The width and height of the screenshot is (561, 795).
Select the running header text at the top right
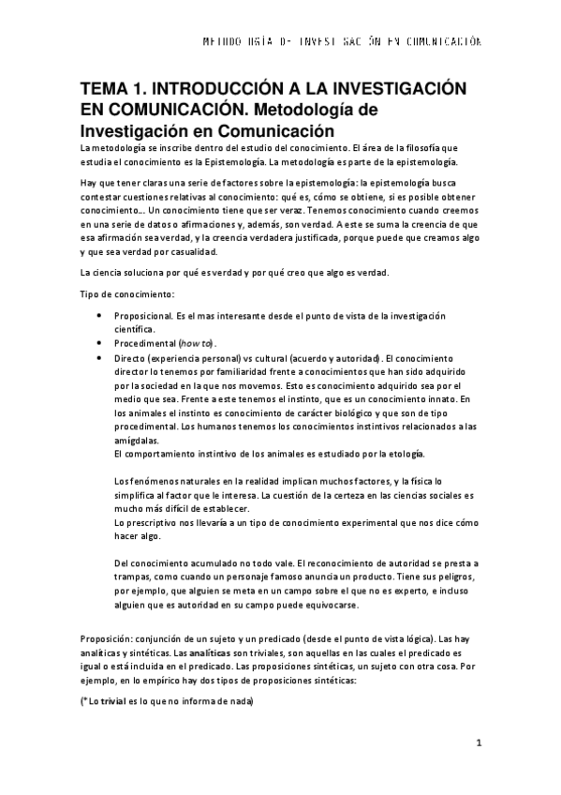(343, 41)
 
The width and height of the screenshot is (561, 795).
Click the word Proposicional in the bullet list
(143, 317)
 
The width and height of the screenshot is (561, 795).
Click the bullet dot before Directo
(100, 358)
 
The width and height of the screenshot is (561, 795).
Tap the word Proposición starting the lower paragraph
(110, 637)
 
